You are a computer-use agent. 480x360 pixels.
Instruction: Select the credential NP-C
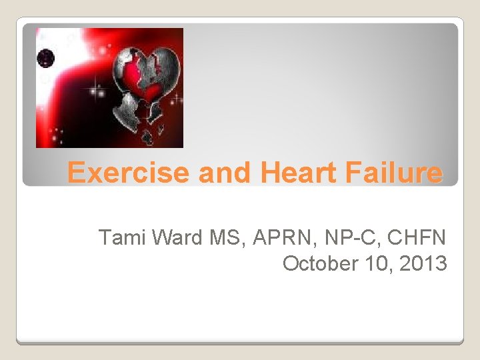pyautogui.click(x=334, y=237)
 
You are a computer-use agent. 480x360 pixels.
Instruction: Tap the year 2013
pyautogui.click(x=424, y=263)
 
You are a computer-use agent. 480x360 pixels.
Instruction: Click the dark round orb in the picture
pyautogui.click(x=45, y=57)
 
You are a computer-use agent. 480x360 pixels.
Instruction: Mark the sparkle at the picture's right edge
pyautogui.click(x=177, y=100)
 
